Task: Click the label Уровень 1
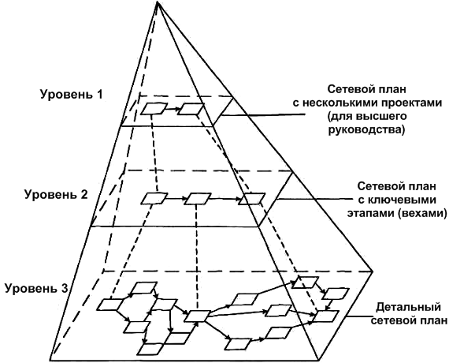coord(71,94)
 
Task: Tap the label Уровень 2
coord(56,195)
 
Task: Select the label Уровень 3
coord(36,288)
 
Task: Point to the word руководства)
coord(366,129)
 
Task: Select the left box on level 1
coord(154,108)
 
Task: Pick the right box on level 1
coord(191,109)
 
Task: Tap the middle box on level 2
coord(197,199)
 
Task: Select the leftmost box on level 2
coord(154,198)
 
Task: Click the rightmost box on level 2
coord(252,199)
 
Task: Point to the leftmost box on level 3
coord(109,305)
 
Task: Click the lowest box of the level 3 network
coord(150,349)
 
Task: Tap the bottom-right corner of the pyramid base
coord(318,361)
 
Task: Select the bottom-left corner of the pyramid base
coord(50,361)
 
